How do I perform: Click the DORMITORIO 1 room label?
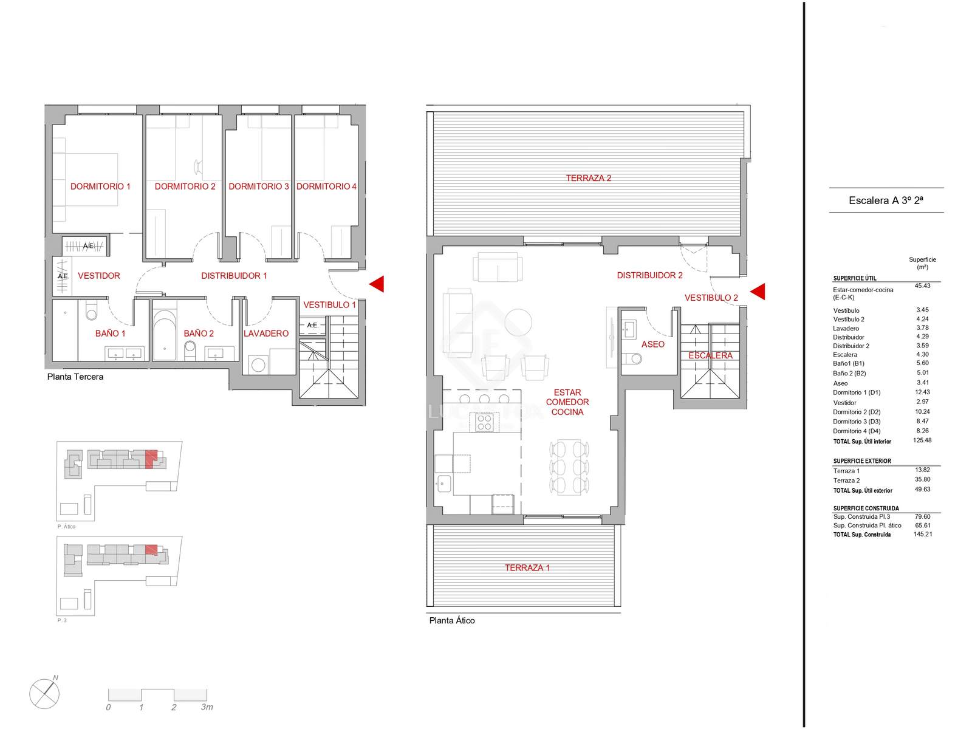coord(100,187)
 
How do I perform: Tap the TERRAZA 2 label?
coord(589,178)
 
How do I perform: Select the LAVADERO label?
coord(265,334)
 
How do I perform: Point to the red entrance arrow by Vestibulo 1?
coord(377,284)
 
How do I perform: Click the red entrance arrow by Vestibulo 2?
coord(758,292)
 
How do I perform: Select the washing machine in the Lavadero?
coord(259,364)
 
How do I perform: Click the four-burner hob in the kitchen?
coord(484,422)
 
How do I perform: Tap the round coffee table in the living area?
coord(518,322)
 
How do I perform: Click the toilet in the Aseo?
coord(632,358)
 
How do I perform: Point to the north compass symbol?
coord(44,693)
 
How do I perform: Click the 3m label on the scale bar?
coord(207,707)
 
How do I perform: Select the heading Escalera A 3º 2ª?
coord(886,200)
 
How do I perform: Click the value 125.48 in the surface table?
coord(922,440)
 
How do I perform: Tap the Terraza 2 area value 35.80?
coord(922,479)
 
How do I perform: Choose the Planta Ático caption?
coord(452,620)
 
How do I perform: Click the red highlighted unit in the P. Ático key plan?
coord(151,458)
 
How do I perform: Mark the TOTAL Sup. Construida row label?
coord(861,535)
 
